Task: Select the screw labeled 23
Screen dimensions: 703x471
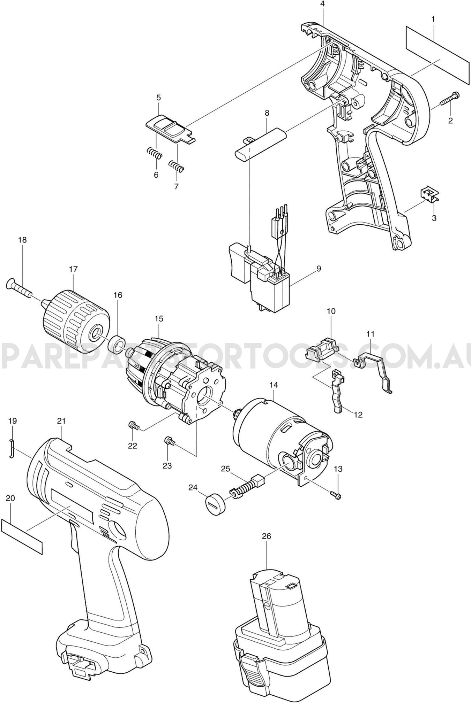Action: tap(169, 441)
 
